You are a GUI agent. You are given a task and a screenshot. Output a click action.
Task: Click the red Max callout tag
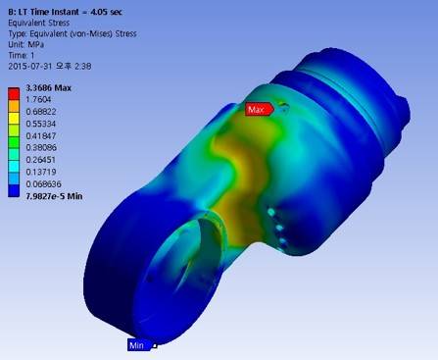[257, 109]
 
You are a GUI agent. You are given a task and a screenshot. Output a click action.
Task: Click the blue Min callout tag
[139, 344]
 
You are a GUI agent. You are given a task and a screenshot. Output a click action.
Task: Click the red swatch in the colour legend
[12, 94]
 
